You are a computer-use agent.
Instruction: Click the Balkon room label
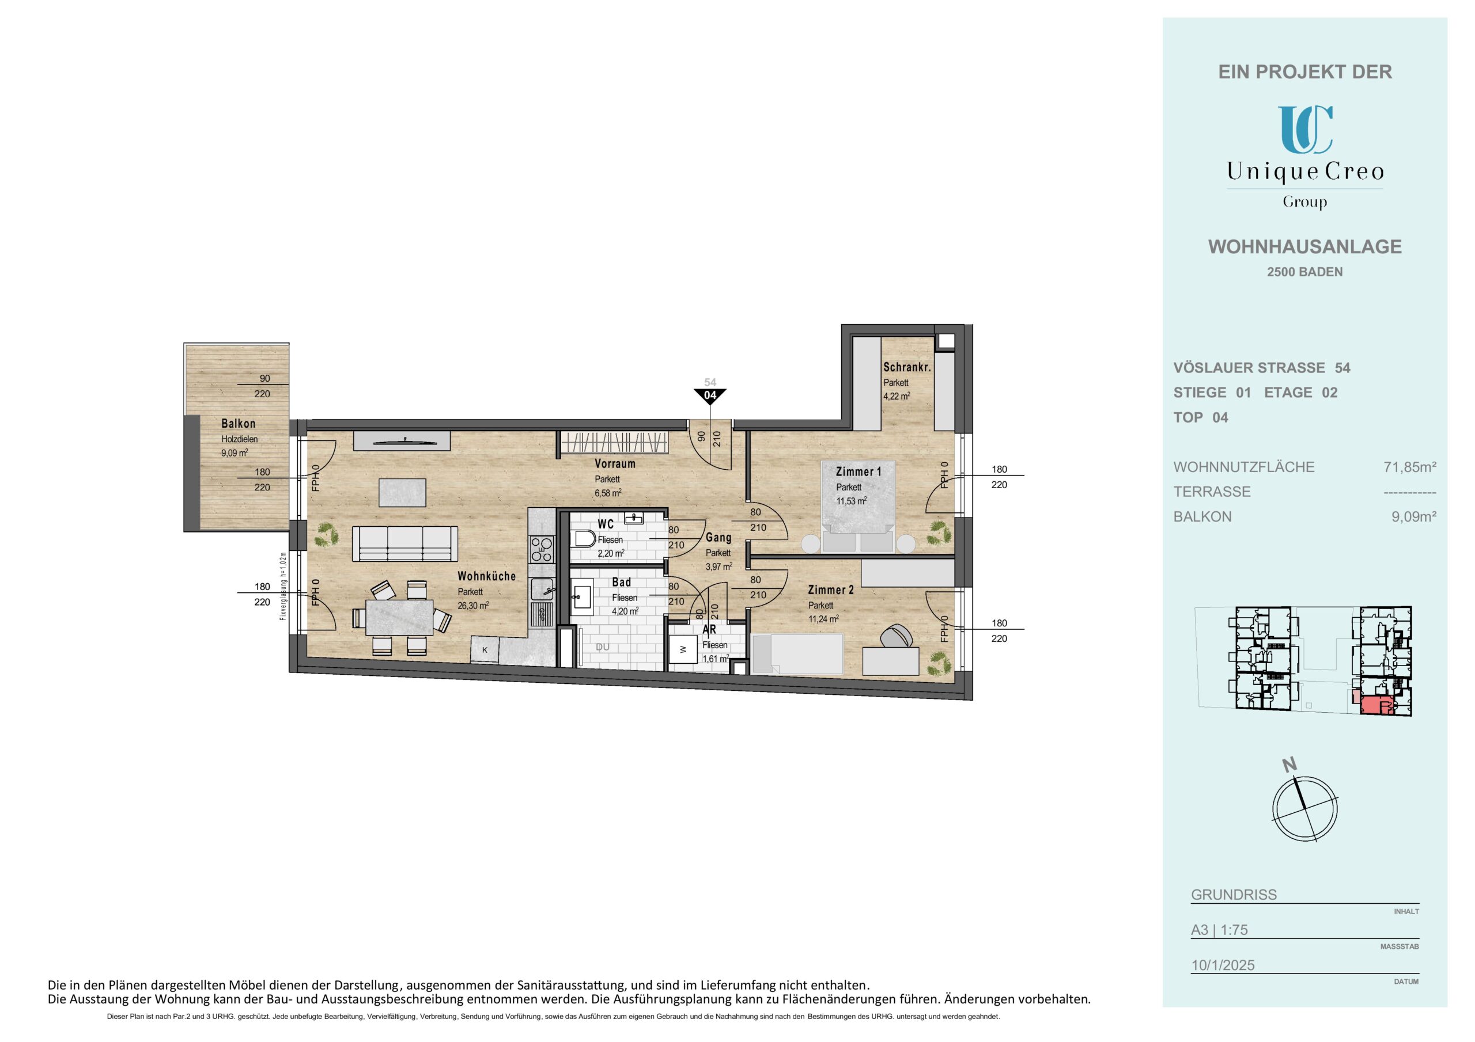pos(239,424)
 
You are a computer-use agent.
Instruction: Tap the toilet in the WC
pos(583,538)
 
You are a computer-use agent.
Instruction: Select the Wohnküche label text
pos(486,576)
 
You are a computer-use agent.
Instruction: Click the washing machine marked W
pos(683,650)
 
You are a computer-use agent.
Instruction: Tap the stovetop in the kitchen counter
pos(542,549)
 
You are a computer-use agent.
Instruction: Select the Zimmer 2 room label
pos(831,590)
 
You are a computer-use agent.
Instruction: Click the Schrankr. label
pos(907,368)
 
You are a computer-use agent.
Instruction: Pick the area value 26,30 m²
pos(474,606)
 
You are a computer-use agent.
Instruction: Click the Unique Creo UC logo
pos(1305,130)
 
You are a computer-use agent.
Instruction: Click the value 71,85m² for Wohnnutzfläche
pos(1410,467)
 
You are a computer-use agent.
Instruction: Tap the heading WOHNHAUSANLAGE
pos(1305,247)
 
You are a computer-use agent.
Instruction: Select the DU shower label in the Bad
pos(602,647)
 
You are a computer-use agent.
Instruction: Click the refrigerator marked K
pos(485,650)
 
